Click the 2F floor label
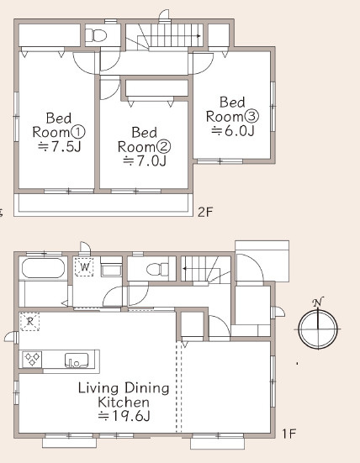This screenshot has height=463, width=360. click(x=205, y=212)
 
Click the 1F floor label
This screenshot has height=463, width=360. click(x=289, y=434)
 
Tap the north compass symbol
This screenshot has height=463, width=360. click(x=318, y=325)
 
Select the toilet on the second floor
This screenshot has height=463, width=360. click(x=96, y=35)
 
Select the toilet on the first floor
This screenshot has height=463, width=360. click(x=157, y=269)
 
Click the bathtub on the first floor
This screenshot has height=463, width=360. click(x=43, y=268)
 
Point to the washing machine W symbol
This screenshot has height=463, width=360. click(x=84, y=267)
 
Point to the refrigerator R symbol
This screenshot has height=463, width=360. click(x=29, y=321)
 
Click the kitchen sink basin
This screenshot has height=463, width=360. click(x=77, y=360)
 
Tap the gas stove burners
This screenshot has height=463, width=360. click(x=32, y=360)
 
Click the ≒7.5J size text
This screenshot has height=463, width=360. click(x=60, y=147)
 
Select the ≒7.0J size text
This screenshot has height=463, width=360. click(x=145, y=161)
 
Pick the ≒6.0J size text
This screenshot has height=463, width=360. click(x=233, y=130)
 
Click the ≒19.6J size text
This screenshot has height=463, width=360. click(x=124, y=416)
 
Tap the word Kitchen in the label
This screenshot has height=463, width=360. click(x=124, y=402)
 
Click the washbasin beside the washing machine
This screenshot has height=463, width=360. click(x=111, y=270)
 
